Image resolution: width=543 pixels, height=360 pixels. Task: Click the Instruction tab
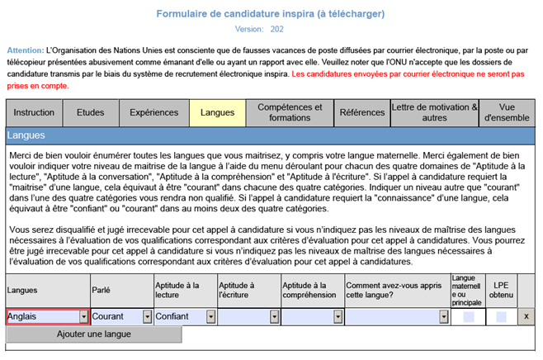point(34,112)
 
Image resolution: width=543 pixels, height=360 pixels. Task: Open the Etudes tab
point(90,112)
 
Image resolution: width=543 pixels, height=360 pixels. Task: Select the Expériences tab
point(154,112)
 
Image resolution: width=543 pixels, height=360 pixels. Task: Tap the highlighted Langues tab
point(217,112)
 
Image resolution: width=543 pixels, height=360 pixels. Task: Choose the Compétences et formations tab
point(290,112)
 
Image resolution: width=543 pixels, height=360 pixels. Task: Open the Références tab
point(361,112)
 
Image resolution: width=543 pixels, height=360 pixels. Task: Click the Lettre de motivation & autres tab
point(434,112)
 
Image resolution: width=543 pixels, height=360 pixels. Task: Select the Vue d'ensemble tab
point(507,112)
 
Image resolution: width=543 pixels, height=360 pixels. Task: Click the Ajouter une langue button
point(93,334)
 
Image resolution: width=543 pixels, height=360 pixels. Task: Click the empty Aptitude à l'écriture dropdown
point(248,316)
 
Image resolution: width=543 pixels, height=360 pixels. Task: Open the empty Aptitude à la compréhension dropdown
point(312,316)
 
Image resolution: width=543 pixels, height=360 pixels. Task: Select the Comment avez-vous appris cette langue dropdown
point(397,316)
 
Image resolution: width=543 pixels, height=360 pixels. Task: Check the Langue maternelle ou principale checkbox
point(469,316)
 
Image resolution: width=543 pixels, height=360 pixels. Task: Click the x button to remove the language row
point(526,316)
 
